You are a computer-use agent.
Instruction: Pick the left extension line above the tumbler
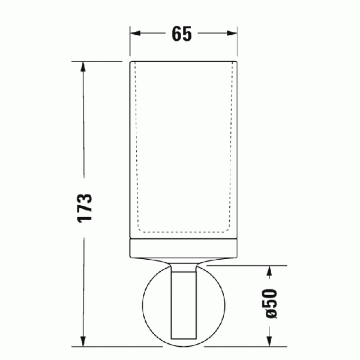point(130,42)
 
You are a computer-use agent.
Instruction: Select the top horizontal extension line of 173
point(102,61)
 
